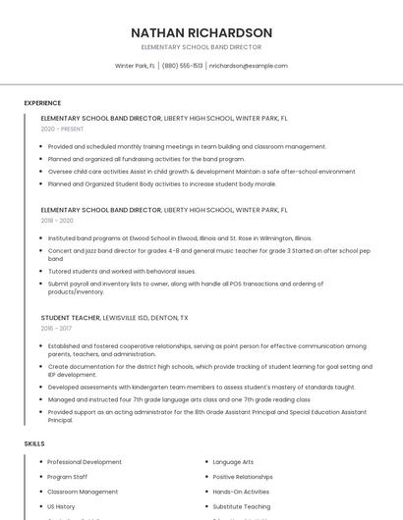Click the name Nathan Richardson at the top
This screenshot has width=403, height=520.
coord(201,32)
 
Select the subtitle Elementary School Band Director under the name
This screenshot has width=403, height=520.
coord(201,47)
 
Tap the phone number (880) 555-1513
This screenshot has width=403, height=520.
coord(183,66)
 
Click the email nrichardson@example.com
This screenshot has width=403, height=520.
coord(249,66)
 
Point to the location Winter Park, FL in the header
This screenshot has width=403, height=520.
coord(136,66)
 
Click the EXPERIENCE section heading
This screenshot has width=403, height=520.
coord(42,102)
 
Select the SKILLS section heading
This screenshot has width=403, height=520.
coord(34,443)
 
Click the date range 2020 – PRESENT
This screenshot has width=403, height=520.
coord(62,129)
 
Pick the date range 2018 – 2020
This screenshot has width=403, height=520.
coord(57,221)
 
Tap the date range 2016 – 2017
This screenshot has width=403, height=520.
coord(56,329)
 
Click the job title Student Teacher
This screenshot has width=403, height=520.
coord(70,318)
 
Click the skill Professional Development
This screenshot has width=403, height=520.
coord(85,461)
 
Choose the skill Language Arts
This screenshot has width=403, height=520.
coord(233,461)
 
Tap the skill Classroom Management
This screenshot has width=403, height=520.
coord(83,492)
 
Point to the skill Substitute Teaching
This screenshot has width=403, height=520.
coord(242,506)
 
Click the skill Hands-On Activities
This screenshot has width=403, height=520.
coord(241,492)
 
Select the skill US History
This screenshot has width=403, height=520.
coord(61,506)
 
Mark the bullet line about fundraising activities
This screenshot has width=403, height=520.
coord(146,158)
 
